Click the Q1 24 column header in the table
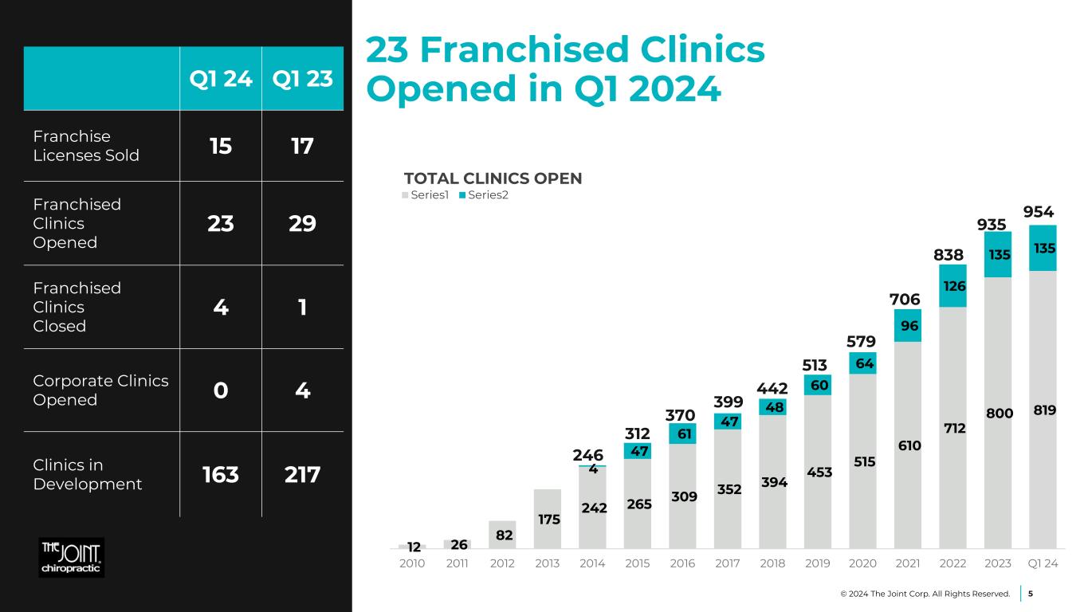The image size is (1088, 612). tap(221, 79)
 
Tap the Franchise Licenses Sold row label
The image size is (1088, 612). tap(86, 146)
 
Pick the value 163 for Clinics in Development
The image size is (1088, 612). tap(221, 474)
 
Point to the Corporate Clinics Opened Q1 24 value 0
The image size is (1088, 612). tap(221, 390)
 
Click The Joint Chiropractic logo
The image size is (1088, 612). tap(72, 557)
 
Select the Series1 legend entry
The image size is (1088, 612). tap(427, 195)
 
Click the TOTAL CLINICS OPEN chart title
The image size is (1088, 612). tap(493, 178)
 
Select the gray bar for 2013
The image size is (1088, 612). tap(547, 518)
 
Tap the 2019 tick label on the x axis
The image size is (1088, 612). tap(819, 563)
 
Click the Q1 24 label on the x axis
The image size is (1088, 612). tap(1043, 563)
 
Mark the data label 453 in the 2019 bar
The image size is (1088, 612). tap(819, 472)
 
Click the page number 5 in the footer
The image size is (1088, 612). tap(1031, 594)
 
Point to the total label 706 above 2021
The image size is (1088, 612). tap(905, 299)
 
